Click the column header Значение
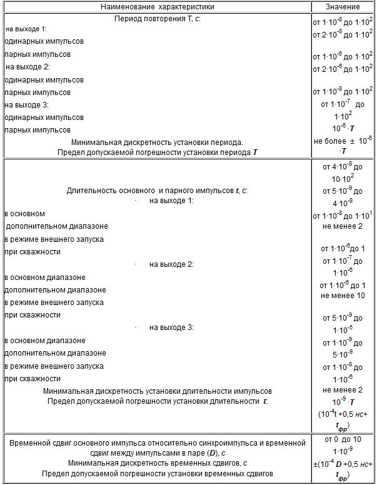click(x=343, y=6)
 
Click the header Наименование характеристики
click(x=157, y=6)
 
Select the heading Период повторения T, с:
click(x=157, y=19)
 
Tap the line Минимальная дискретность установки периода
click(x=157, y=142)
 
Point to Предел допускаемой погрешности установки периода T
click(x=157, y=152)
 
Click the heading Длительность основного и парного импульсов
click(x=157, y=191)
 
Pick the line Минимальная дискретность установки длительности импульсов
click(x=158, y=391)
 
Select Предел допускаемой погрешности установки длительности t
click(x=158, y=401)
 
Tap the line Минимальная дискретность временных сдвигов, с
click(x=158, y=463)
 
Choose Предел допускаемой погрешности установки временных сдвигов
click(x=158, y=474)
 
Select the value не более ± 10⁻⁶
click(x=343, y=141)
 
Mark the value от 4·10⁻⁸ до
click(x=343, y=166)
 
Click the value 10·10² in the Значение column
click(x=343, y=178)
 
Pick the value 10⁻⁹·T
click(x=343, y=402)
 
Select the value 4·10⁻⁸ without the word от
click(x=343, y=203)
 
